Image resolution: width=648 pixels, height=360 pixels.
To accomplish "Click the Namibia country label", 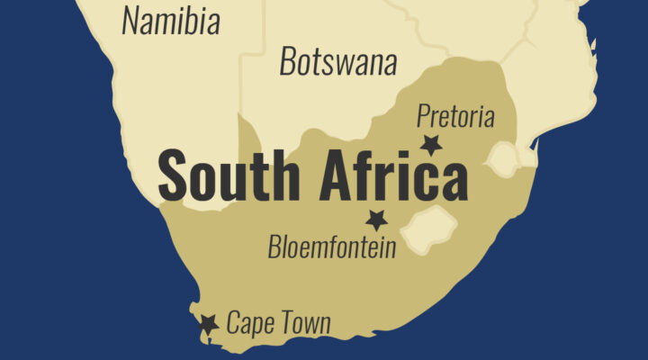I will click(x=170, y=20).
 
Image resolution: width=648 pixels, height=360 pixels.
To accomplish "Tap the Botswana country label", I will click(x=337, y=61).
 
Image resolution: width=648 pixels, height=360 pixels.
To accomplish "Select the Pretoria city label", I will click(x=455, y=115).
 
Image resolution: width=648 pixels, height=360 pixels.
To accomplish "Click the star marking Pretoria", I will click(x=432, y=144).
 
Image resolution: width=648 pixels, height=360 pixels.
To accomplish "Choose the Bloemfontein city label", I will click(x=332, y=246).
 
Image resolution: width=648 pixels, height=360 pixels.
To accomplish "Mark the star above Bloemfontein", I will click(x=376, y=219).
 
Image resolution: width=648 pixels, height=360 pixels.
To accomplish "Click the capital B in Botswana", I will click(x=287, y=61).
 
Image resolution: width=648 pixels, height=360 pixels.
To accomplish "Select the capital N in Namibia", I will click(x=131, y=20).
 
